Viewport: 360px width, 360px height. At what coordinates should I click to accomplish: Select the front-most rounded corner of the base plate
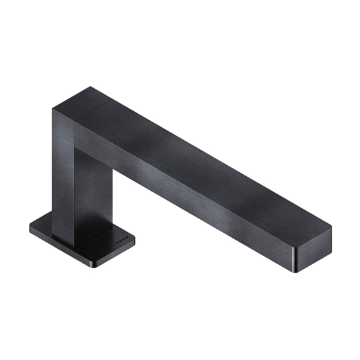tap(97, 265)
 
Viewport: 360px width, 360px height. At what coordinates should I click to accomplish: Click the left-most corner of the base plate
tap(30, 226)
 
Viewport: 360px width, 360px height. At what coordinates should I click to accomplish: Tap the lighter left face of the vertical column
tap(65, 174)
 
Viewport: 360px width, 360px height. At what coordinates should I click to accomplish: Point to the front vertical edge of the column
tap(77, 186)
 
